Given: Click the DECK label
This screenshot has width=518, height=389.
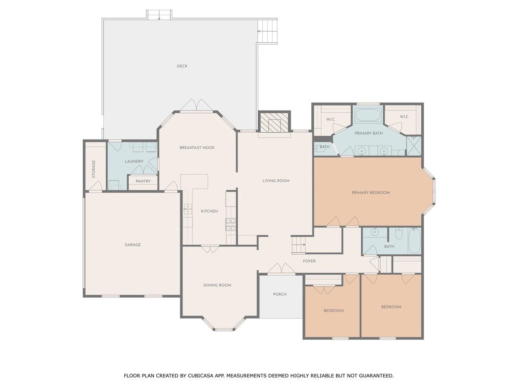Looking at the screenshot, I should click(182, 66).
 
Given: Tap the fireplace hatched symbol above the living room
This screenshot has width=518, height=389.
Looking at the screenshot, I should click(275, 123).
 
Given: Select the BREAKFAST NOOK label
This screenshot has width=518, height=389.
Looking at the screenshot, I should click(197, 148).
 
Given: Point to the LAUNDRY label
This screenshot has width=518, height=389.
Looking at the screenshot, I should click(134, 162).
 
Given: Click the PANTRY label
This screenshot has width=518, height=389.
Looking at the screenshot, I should click(143, 182).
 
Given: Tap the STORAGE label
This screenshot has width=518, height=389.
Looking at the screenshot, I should click(94, 169).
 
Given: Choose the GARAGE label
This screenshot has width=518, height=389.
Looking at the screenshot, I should click(133, 245).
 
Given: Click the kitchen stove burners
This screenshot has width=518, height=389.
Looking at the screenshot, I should click(231, 223).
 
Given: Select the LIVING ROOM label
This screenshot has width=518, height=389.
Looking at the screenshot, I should click(276, 181).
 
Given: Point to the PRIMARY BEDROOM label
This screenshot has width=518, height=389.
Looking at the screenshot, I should click(370, 193).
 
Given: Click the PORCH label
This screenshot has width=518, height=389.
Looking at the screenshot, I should click(280, 294).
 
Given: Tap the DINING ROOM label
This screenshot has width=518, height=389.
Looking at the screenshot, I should click(217, 285).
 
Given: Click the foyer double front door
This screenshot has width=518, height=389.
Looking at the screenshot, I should click(281, 269).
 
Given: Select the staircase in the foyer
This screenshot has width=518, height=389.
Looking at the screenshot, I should click(298, 246).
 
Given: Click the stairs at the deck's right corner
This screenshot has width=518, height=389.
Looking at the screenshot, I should click(267, 31).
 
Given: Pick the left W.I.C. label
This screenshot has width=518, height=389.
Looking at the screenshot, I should click(331, 120).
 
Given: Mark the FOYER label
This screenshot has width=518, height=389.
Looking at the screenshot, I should click(309, 261).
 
